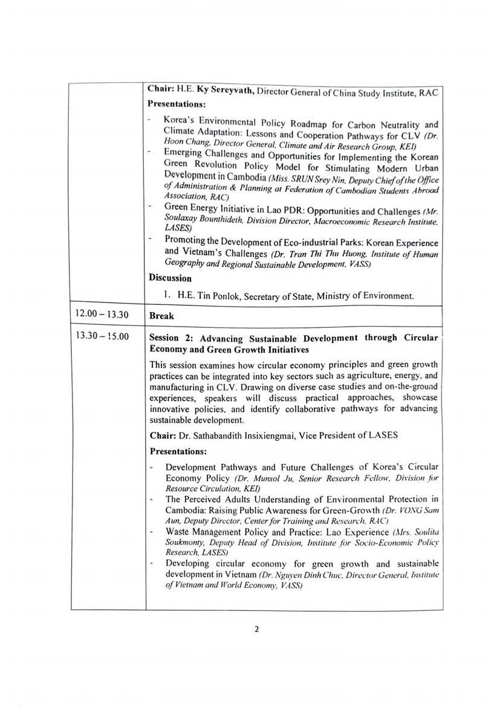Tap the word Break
[161, 316]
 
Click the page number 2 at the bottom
[256, 629]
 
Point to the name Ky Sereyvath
[222, 90]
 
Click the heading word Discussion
[170, 278]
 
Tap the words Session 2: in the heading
[172, 337]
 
